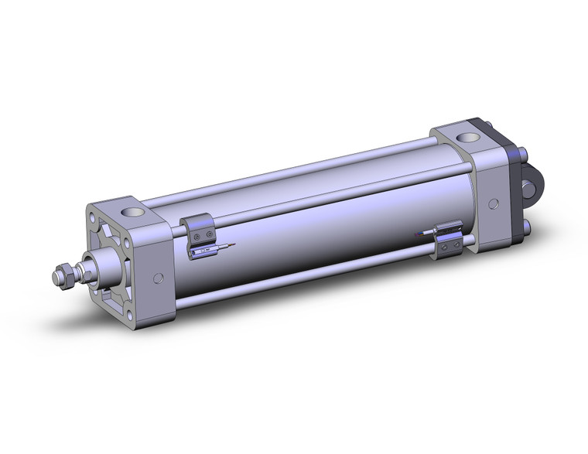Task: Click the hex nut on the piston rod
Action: tap(67, 273)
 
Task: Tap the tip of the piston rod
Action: tap(56, 275)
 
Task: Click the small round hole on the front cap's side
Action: tap(159, 278)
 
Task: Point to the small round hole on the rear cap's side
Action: tap(493, 203)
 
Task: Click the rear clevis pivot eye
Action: tap(532, 188)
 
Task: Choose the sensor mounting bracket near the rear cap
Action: tap(448, 239)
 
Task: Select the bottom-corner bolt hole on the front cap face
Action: tap(129, 315)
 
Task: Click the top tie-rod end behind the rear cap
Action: tap(525, 154)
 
